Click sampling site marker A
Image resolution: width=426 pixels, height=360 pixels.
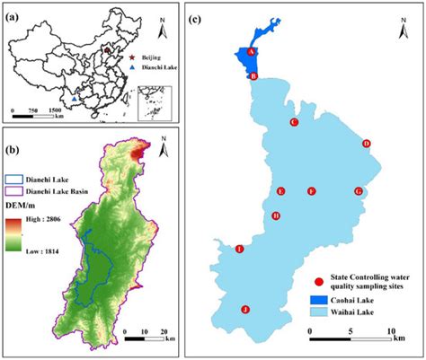pos(252,53)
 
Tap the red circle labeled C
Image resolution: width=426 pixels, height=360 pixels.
pos(294,122)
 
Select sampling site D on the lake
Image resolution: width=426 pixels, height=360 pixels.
pos(366,144)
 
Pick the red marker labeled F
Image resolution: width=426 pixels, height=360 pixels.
pos(311,191)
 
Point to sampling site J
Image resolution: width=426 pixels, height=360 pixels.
pos(245,310)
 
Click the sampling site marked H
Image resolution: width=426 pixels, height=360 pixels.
pos(276,215)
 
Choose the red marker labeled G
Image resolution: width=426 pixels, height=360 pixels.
pos(359,191)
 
